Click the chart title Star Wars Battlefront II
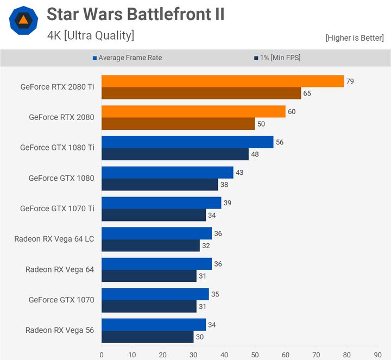tap(135, 15)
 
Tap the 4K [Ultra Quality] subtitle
tap(91, 36)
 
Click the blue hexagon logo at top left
tap(23, 21)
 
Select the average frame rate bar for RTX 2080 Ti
tap(223, 81)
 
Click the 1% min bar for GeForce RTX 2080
tap(178, 124)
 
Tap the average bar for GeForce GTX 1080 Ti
tap(187, 142)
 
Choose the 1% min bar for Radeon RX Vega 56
tap(147, 337)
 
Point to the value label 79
tap(350, 81)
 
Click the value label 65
tap(307, 93)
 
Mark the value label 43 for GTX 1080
tap(239, 173)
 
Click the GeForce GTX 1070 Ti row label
tap(57, 209)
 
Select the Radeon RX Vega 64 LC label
tap(54, 239)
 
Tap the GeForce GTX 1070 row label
tap(61, 300)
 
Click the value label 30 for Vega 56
tap(199, 337)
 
